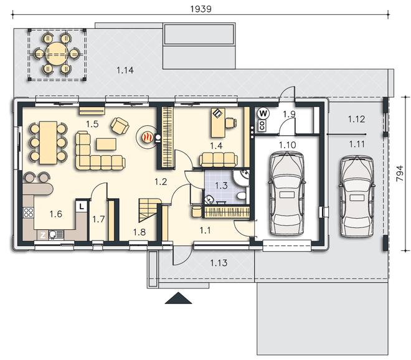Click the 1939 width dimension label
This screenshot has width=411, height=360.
click(201, 9)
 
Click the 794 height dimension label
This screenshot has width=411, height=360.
click(400, 173)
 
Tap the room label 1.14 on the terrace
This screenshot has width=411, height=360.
click(125, 70)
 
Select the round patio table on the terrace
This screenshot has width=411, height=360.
click(57, 54)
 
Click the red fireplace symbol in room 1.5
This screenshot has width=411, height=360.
click(147, 137)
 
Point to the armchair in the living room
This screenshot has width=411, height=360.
click(120, 126)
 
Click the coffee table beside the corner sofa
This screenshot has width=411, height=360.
click(106, 144)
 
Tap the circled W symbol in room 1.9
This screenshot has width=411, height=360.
click(263, 114)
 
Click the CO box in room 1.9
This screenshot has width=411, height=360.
click(262, 126)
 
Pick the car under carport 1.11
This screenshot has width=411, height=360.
click(357, 196)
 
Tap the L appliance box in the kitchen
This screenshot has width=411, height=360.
click(82, 206)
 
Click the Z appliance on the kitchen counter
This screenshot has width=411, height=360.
click(43, 235)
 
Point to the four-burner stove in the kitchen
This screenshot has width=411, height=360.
click(28, 212)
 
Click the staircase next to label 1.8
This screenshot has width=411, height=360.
click(148, 211)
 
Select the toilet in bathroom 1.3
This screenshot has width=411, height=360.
click(240, 196)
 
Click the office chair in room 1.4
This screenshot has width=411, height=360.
click(230, 123)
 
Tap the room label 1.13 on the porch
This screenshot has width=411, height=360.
click(219, 263)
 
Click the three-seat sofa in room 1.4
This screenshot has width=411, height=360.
click(219, 159)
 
